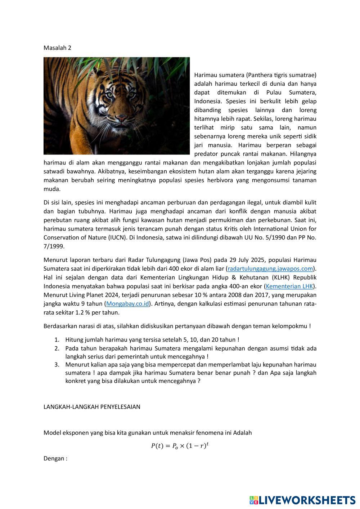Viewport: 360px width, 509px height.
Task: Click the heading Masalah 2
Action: click(x=57, y=48)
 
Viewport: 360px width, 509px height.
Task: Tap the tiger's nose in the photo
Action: click(x=123, y=118)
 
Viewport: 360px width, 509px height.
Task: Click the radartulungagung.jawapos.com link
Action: click(x=270, y=269)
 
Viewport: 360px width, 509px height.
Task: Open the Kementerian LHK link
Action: click(x=289, y=286)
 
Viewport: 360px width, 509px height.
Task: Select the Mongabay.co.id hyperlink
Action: click(x=127, y=304)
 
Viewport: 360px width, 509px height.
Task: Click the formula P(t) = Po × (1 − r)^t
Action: click(x=180, y=446)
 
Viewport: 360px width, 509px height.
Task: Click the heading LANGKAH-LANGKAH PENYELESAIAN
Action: click(x=92, y=407)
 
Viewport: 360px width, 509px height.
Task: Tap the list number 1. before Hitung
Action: click(x=57, y=339)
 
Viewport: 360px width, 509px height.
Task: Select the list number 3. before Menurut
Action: click(x=57, y=364)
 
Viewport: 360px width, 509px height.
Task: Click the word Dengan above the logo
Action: click(x=54, y=459)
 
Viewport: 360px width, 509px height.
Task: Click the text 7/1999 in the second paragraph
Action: click(x=54, y=246)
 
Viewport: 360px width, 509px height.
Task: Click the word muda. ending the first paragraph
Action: click(x=52, y=189)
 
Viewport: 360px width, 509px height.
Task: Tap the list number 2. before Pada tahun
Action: click(x=57, y=348)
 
